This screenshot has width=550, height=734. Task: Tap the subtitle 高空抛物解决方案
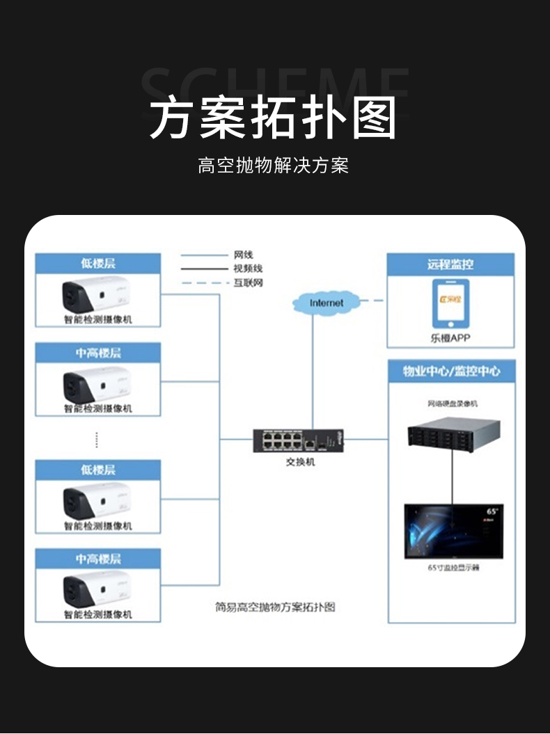(x=273, y=166)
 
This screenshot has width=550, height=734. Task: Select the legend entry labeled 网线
(x=243, y=255)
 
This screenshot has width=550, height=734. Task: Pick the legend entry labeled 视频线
(x=248, y=269)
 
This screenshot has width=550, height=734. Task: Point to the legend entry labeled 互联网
(x=248, y=282)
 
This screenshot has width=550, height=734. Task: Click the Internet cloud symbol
(x=327, y=303)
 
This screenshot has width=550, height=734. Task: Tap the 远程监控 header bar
(x=450, y=264)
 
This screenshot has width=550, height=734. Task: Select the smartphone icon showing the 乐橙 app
(x=450, y=303)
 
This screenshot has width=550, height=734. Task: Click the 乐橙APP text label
(x=450, y=340)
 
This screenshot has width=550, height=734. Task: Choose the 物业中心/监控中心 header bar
(x=451, y=371)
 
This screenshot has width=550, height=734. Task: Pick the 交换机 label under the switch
(x=300, y=461)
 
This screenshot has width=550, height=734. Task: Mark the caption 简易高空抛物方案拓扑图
(x=275, y=607)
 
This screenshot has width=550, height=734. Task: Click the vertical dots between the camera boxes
(x=97, y=440)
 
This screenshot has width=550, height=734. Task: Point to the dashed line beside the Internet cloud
(x=373, y=301)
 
